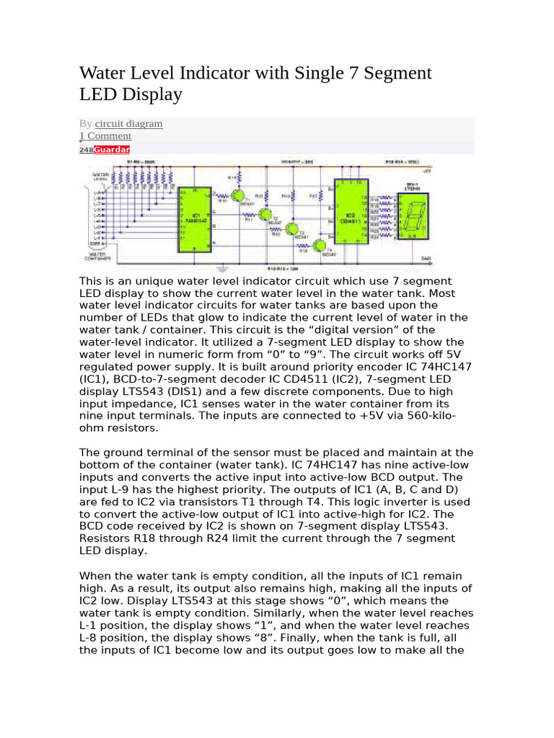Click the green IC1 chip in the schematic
[x=196, y=219]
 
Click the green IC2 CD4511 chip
[x=351, y=212]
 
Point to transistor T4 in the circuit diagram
[x=309, y=246]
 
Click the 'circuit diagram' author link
[x=128, y=123]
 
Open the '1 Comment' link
[x=105, y=135]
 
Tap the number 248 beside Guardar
[x=86, y=149]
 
